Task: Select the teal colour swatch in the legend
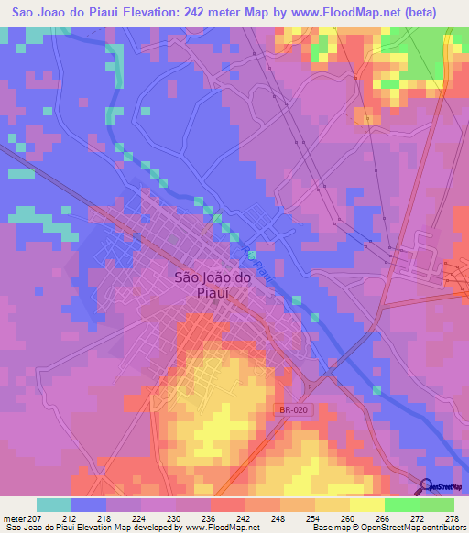tap(54, 505)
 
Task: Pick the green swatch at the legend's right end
tap(437, 505)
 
